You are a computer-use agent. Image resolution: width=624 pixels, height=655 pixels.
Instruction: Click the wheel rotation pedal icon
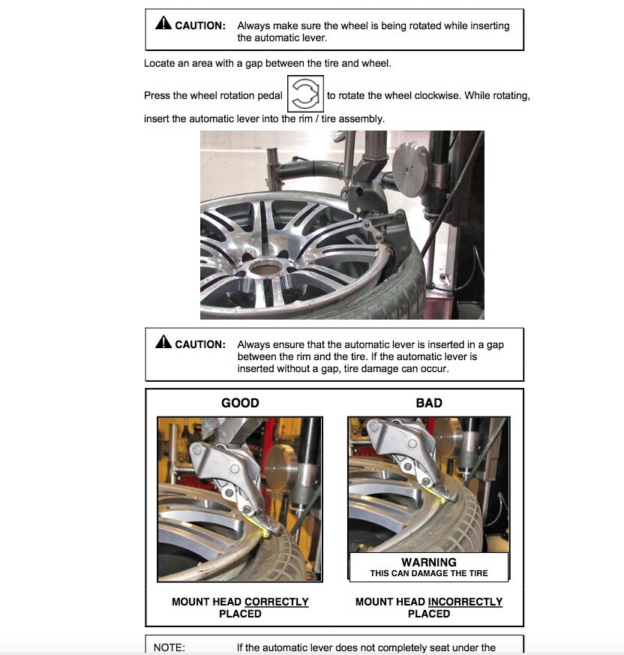point(305,95)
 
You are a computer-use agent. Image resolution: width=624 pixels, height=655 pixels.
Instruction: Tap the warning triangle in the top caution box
point(163,24)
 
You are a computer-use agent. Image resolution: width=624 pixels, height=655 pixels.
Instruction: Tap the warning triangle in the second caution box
point(163,343)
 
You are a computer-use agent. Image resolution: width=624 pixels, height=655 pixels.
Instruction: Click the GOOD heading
point(240,403)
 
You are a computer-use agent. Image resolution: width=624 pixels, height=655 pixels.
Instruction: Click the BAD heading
point(429,403)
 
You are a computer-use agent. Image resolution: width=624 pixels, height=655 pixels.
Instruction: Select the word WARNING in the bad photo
point(429,562)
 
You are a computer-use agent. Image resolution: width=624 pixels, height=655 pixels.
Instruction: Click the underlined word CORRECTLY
point(276,602)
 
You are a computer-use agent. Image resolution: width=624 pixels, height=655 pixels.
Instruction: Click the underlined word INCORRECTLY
point(465,602)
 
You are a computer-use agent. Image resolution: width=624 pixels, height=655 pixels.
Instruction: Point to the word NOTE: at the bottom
point(169,647)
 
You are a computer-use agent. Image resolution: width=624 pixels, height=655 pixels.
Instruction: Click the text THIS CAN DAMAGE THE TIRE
point(429,574)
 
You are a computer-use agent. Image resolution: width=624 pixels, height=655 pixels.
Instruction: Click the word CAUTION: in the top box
point(199,26)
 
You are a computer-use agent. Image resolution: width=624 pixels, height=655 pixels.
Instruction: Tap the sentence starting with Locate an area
point(267,64)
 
